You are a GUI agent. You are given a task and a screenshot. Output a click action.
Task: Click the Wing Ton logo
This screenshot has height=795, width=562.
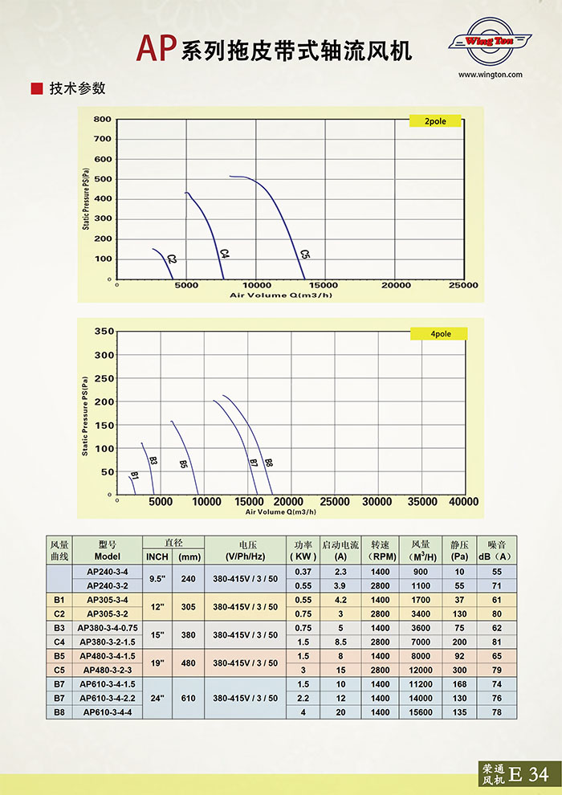pyautogui.click(x=490, y=40)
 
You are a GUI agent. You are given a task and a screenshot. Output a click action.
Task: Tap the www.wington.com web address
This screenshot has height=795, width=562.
pyautogui.click(x=491, y=75)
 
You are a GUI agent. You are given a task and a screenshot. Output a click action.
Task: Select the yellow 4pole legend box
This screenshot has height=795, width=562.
pyautogui.click(x=438, y=333)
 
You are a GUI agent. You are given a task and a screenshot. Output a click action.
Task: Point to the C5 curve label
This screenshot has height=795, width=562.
pyautogui.click(x=305, y=255)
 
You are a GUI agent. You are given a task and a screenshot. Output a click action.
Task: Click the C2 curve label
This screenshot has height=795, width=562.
pyautogui.click(x=171, y=259)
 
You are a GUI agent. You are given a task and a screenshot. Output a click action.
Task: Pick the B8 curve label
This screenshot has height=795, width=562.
pyautogui.click(x=269, y=463)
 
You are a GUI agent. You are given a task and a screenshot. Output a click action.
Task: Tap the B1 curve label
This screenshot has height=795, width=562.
pyautogui.click(x=134, y=476)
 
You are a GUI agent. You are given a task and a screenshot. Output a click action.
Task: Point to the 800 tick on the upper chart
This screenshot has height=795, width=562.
pyautogui.click(x=102, y=120)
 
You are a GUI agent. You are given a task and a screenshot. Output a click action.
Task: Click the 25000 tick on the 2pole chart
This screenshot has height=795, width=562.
pyautogui.click(x=463, y=285)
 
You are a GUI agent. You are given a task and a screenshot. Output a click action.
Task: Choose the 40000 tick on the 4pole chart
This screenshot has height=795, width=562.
pyautogui.click(x=462, y=502)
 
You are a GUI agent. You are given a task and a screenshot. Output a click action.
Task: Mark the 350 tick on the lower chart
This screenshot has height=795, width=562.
pyautogui.click(x=105, y=331)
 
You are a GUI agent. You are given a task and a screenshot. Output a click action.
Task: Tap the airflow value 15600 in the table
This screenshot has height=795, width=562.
pyautogui.click(x=421, y=712)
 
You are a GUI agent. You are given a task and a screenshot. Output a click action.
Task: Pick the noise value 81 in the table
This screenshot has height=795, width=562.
pyautogui.click(x=497, y=642)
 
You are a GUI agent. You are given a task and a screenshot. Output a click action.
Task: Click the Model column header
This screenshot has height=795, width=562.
pyautogui.click(x=108, y=556)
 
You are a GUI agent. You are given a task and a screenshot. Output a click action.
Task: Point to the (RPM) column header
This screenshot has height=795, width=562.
pyautogui.click(x=380, y=556)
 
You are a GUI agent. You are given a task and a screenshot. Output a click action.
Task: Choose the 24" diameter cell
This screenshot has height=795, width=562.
pyautogui.click(x=157, y=699)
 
